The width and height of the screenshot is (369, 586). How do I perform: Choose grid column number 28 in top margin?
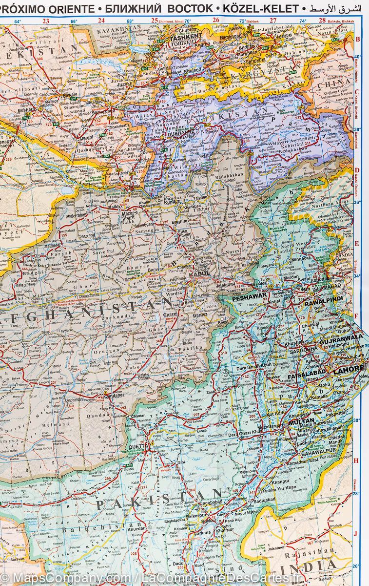[322, 21]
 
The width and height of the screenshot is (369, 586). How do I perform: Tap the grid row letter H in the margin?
[356, 460]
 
